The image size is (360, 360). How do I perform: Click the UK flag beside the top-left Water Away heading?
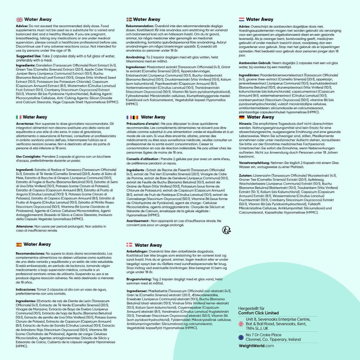coord(19,19)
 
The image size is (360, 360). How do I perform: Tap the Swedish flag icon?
coord(129,19)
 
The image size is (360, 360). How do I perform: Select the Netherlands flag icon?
coord(242,19)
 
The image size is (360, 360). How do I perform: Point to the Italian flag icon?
coord(19,117)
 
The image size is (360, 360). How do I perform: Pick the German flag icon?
coord(242,117)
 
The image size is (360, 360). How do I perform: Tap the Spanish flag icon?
coord(19,244)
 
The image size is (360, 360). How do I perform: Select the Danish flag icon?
coord(129,245)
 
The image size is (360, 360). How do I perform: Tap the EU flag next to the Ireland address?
coord(241,337)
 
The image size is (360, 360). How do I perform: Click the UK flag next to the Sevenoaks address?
coord(241,324)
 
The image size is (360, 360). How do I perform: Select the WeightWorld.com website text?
coord(256,346)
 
